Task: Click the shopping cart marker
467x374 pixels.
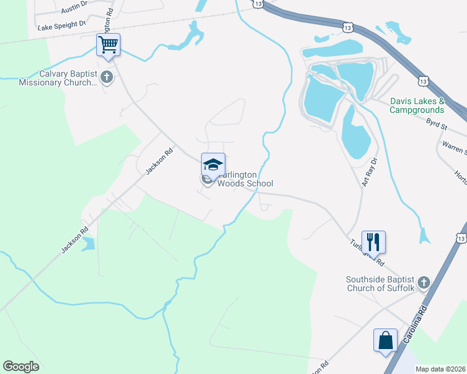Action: (109, 46)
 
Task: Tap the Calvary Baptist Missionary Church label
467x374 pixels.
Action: (58, 78)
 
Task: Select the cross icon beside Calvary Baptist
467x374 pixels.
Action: (107, 77)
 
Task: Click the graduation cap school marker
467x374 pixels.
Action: (213, 166)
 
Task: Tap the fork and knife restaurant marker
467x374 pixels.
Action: (373, 241)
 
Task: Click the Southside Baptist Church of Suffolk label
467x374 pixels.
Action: (380, 283)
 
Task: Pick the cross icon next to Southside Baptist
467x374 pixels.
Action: (424, 283)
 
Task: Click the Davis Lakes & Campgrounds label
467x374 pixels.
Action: (416, 105)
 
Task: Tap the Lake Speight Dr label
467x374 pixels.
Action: (61, 26)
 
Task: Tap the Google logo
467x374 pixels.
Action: (21, 367)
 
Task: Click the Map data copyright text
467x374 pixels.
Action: (440, 369)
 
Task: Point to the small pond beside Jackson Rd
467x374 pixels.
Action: (88, 243)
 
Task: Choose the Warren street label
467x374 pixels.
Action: (455, 147)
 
